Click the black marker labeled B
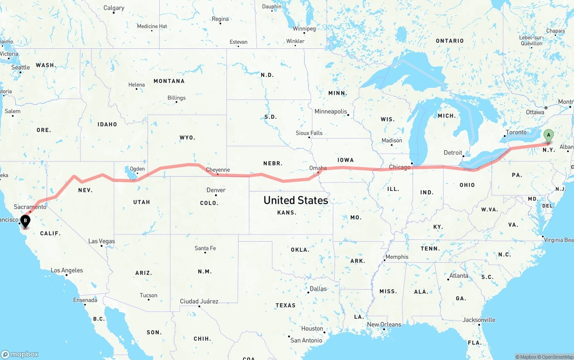26,221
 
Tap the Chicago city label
400,167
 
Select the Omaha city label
317,168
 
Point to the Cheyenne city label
217,170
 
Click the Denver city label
216,190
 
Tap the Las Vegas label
101,241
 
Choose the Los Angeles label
66,270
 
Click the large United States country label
296,200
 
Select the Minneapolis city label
330,111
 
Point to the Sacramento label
30,207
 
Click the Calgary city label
114,8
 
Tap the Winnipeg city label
304,29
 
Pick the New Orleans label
384,324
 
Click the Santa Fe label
205,248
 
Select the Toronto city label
516,133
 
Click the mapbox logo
20,354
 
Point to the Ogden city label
137,169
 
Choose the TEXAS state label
286,305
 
